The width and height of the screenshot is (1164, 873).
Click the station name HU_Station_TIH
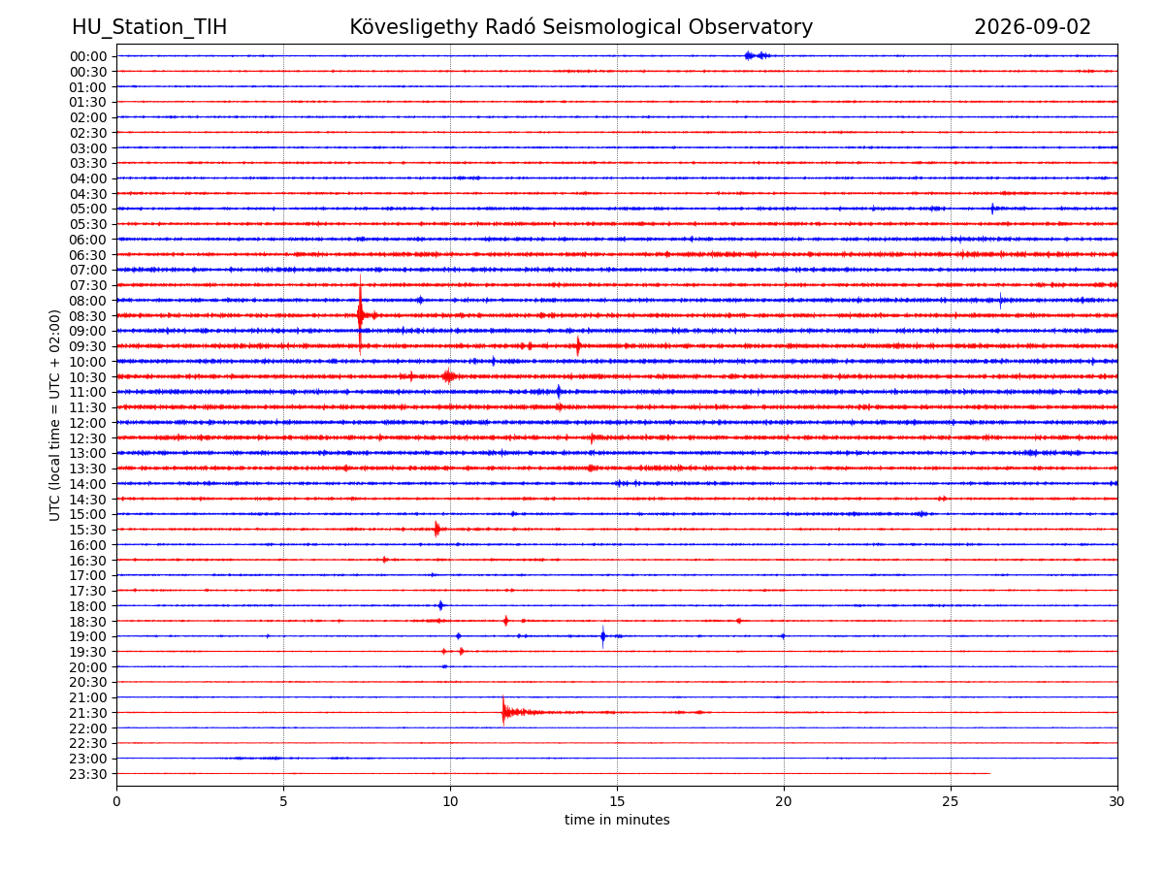pyautogui.click(x=149, y=27)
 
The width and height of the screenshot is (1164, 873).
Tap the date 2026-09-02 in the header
pyautogui.click(x=1032, y=27)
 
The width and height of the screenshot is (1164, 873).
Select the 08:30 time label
pyautogui.click(x=87, y=316)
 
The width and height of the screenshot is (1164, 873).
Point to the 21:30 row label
pyautogui.click(x=87, y=713)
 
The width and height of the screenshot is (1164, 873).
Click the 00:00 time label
pyautogui.click(x=87, y=56)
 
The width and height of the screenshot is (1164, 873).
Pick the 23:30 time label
pyautogui.click(x=87, y=774)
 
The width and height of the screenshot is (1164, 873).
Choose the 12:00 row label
pyautogui.click(x=87, y=423)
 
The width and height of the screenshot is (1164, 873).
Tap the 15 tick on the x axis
pyautogui.click(x=617, y=801)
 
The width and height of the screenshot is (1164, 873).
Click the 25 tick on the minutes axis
pyautogui.click(x=951, y=801)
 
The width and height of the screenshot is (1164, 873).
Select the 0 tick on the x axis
pyautogui.click(x=116, y=801)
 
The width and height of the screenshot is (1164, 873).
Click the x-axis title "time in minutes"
pyautogui.click(x=617, y=820)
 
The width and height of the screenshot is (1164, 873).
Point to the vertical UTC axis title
pyautogui.click(x=54, y=415)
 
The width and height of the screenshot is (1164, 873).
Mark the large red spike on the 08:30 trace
pyautogui.click(x=360, y=315)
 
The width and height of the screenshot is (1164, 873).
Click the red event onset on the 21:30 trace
pyautogui.click(x=503, y=711)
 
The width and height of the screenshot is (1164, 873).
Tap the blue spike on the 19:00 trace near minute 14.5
pyautogui.click(x=603, y=636)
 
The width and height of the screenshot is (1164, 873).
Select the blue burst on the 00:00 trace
pyautogui.click(x=757, y=55)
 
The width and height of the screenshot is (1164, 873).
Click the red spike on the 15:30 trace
pyautogui.click(x=436, y=529)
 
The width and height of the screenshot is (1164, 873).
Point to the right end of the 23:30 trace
pyautogui.click(x=990, y=773)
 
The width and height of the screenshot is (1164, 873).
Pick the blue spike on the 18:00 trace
pyautogui.click(x=440, y=605)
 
